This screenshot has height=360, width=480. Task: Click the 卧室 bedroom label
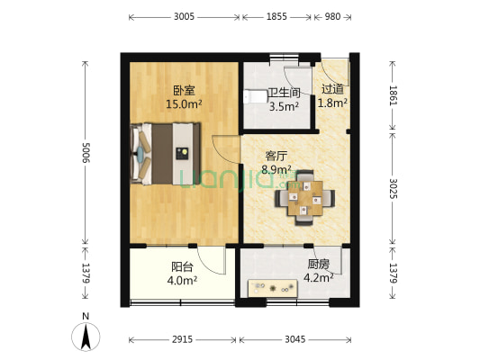[x=184, y=90]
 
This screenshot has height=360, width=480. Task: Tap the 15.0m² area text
[x=183, y=104]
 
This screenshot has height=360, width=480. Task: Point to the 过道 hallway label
[x=332, y=89]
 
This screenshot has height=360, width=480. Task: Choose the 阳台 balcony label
[x=183, y=266]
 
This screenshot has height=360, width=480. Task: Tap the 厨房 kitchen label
[x=318, y=265]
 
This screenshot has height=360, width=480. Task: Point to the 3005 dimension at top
[x=184, y=17]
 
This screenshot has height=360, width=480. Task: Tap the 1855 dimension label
[x=276, y=17]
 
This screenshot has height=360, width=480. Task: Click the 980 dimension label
[x=332, y=17]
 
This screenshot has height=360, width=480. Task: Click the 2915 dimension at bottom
[x=183, y=340]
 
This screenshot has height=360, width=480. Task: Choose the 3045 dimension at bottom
[x=294, y=340]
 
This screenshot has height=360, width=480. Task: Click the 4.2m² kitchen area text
[x=318, y=278]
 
